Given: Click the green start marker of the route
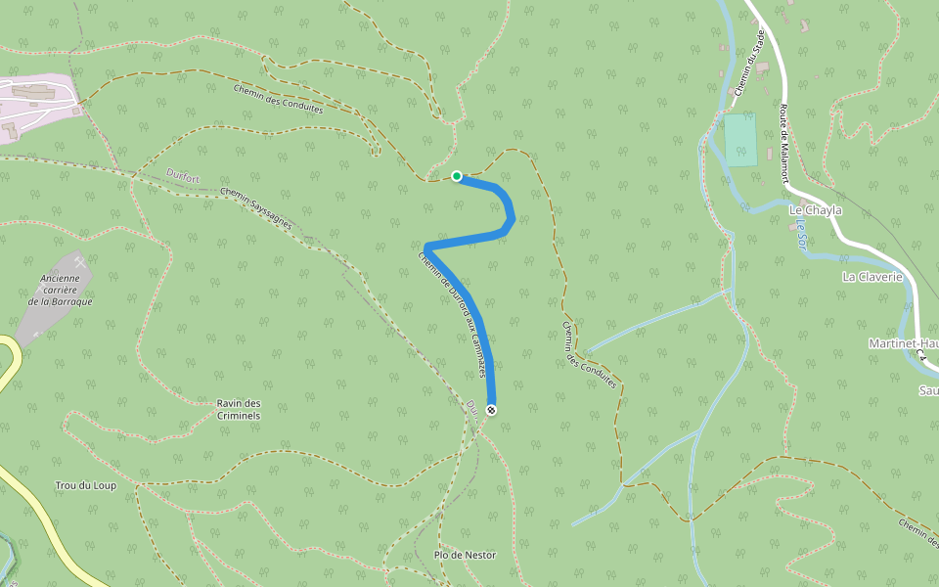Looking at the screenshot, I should click(457, 176).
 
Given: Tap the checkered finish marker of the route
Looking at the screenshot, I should click(491, 409).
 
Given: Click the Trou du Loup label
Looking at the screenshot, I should click(86, 486).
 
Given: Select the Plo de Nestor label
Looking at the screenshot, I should click(467, 556).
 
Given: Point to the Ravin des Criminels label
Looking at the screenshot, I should click(239, 409).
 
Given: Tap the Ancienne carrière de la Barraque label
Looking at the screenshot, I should click(60, 290).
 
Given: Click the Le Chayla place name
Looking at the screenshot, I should click(815, 210).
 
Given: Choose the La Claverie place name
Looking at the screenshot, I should click(869, 277).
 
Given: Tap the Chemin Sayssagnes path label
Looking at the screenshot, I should click(256, 207).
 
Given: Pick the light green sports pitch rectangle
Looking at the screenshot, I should click(740, 139).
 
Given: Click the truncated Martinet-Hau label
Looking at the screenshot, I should click(902, 343).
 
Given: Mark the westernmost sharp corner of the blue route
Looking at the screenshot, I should click(427, 246).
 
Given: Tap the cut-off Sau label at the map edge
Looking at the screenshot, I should click(927, 390).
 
